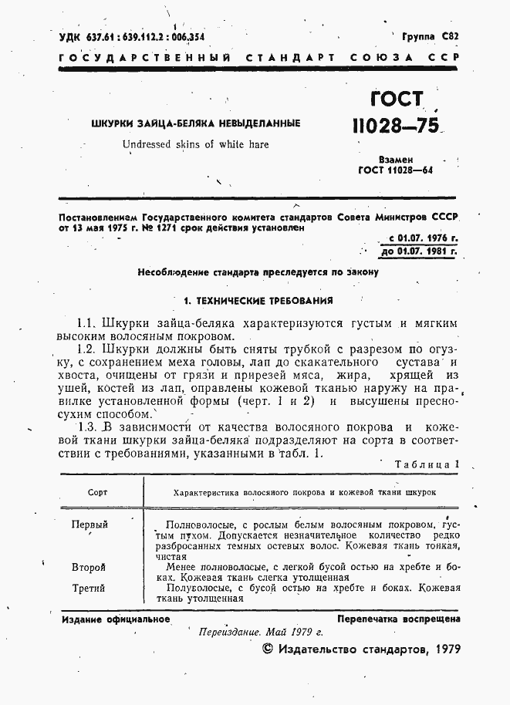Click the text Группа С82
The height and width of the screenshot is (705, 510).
(x=430, y=36)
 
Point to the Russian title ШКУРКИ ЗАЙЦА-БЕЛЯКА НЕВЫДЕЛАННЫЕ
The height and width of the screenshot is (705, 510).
(x=195, y=123)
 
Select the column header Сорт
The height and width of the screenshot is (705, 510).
(x=97, y=491)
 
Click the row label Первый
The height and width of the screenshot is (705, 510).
(x=90, y=525)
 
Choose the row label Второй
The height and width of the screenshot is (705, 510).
(x=88, y=567)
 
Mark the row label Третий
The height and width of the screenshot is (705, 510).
(x=89, y=589)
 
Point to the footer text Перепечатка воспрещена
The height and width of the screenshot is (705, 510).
(x=398, y=619)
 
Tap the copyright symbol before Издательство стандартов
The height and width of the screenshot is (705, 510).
(x=269, y=649)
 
